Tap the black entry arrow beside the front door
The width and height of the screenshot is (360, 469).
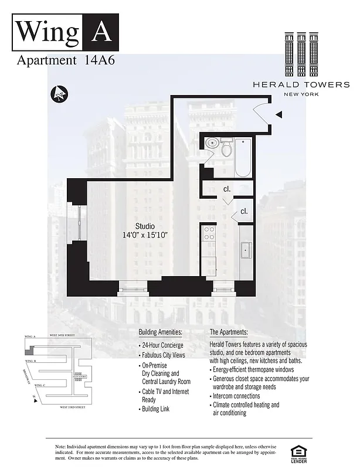click(279, 114)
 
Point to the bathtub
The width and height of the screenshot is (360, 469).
click(243, 157)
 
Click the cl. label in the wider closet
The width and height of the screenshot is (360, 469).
click(226, 189)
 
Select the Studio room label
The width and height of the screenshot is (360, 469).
click(144, 226)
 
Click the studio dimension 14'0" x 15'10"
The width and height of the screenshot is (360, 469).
click(145, 235)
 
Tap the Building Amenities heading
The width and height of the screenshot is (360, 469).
click(160, 332)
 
